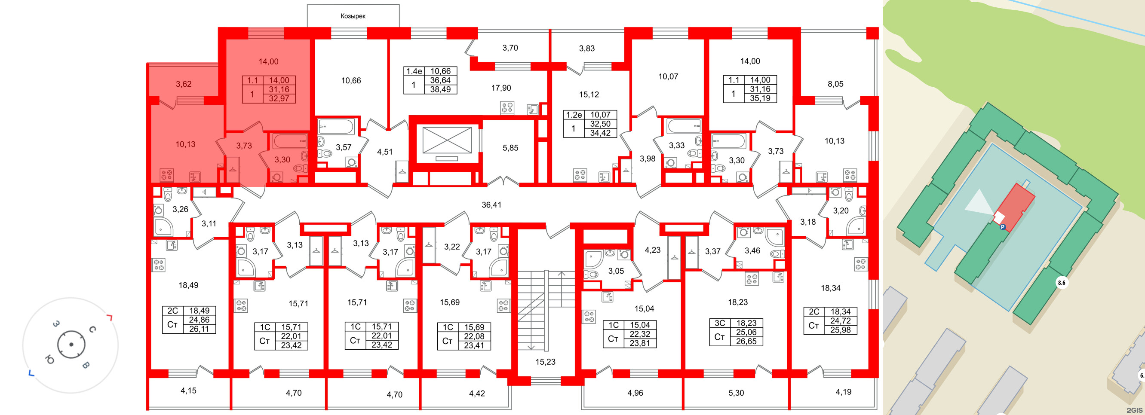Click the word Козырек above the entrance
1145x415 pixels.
(353, 16)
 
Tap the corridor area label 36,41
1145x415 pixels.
(491, 205)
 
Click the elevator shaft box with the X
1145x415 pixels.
(447, 140)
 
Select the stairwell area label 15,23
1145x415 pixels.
(545, 362)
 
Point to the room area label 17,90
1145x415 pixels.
(501, 88)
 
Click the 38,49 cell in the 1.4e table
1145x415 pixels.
(440, 89)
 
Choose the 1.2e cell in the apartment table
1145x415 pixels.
(574, 115)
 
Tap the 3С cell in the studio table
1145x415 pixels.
(720, 323)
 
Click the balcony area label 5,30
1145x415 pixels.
(736, 393)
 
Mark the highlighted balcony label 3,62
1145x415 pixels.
(184, 84)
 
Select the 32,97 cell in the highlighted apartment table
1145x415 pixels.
(279, 99)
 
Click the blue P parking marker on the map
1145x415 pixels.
(1002, 226)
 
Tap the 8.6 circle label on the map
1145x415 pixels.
(1062, 283)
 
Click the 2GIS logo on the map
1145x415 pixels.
(1136, 410)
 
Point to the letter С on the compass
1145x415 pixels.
(92, 329)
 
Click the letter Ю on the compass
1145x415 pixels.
(50, 360)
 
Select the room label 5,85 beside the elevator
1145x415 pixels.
(510, 148)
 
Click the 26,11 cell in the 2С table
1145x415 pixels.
(199, 329)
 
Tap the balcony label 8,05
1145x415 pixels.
(835, 84)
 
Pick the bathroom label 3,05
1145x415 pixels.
(616, 271)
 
